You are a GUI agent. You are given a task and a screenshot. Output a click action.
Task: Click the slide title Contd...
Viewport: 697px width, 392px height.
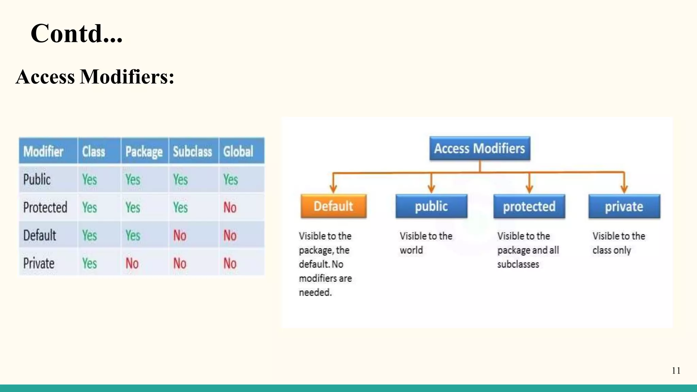76,34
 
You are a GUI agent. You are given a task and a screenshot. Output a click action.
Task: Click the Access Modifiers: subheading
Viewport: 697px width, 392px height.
95,77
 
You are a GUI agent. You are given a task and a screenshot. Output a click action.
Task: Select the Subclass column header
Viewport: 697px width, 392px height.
192,151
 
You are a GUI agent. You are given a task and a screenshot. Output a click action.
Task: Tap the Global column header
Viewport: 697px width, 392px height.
238,151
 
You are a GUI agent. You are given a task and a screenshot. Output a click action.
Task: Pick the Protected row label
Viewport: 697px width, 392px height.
45,207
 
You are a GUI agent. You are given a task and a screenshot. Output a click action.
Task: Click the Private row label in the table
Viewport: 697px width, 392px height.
39,263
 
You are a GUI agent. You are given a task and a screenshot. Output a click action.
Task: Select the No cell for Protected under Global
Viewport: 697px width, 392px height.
230,207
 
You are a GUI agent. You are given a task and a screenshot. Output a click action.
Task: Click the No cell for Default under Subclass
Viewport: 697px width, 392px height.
180,235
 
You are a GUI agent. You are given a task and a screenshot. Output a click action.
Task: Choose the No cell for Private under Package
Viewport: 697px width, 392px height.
132,263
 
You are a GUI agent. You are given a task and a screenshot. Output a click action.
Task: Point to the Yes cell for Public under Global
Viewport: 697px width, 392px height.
230,179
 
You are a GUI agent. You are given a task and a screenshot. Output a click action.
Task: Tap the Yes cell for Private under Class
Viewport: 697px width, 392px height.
90,263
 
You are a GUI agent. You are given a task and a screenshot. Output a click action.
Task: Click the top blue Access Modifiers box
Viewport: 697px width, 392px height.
480,148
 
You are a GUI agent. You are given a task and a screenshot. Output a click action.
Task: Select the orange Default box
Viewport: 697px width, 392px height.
334,206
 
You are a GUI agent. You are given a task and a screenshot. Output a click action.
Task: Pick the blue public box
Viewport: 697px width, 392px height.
431,206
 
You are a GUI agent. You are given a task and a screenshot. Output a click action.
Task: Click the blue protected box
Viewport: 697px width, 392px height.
529,206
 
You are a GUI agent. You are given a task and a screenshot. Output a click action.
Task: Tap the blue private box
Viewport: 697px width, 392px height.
624,206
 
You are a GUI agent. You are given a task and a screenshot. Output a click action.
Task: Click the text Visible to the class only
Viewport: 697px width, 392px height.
618,243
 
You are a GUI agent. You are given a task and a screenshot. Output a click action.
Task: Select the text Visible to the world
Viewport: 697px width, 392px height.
425,243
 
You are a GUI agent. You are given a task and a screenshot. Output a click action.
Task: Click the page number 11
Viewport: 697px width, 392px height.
676,371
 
